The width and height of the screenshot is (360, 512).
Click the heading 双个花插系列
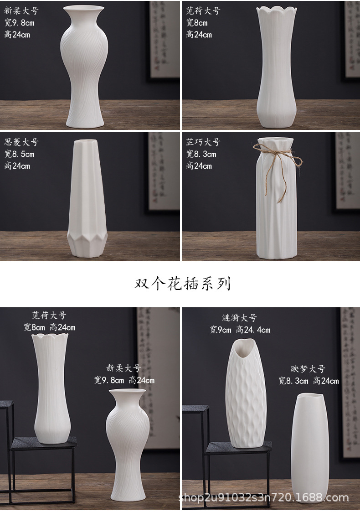click(x=182, y=284)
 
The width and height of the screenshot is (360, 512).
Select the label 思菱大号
click(x=21, y=142)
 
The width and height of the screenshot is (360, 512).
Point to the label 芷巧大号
click(x=203, y=142)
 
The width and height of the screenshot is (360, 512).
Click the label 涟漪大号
click(x=239, y=318)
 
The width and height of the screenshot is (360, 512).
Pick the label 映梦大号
click(x=308, y=369)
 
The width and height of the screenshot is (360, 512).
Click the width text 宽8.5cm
click(x=19, y=154)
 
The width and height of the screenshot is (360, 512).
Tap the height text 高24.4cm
click(x=253, y=330)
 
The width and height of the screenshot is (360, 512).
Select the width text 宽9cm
click(x=221, y=330)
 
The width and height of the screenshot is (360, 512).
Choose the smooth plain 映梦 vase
click(x=309, y=447)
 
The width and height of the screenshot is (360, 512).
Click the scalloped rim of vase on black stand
click(x=50, y=338)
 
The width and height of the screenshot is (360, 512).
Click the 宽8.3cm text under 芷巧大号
click(x=201, y=154)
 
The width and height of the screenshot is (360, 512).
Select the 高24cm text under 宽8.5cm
click(x=17, y=166)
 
